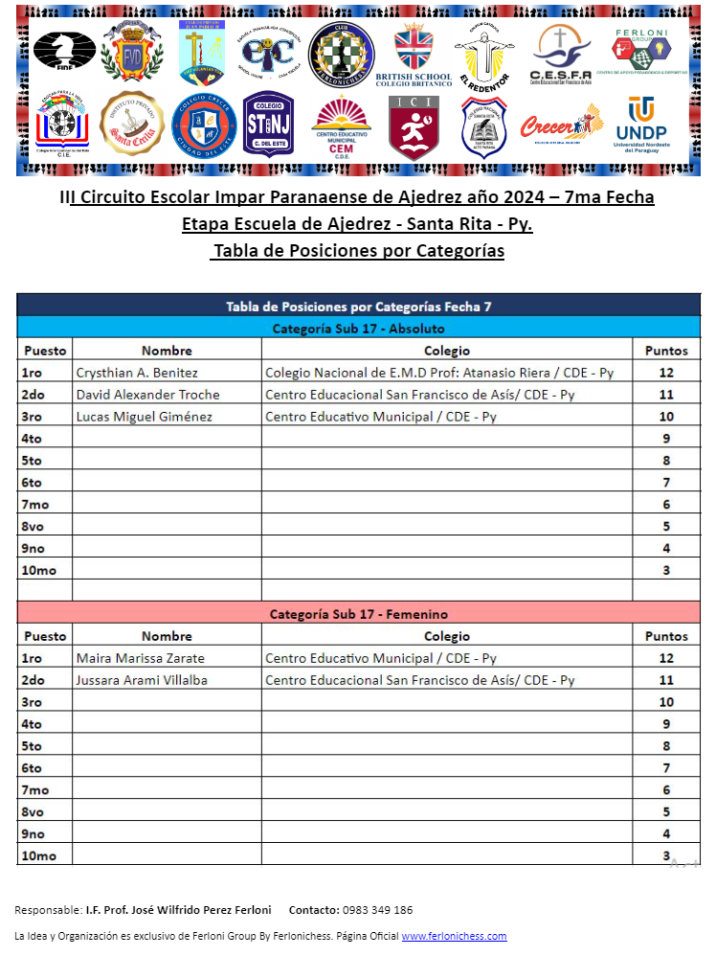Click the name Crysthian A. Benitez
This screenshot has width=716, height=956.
tap(137, 373)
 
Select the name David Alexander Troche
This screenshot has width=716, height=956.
tap(147, 395)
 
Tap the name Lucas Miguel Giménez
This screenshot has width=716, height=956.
tap(144, 417)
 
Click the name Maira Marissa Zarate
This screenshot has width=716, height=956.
tap(140, 658)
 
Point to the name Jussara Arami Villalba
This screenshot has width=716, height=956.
tap(141, 680)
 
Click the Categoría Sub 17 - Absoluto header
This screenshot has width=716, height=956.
tap(359, 329)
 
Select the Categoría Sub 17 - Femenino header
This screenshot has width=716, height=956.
tap(359, 614)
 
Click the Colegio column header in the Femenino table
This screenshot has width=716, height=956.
tap(447, 636)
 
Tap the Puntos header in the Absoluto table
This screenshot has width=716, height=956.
tap(666, 351)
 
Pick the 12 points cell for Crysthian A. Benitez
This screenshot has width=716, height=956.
tap(666, 373)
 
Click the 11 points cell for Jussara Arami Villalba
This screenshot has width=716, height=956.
tap(666, 680)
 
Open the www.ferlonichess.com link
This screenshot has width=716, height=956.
tap(454, 936)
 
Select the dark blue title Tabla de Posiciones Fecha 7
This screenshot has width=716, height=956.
tap(359, 307)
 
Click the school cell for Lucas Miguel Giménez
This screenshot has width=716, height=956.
tap(381, 417)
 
